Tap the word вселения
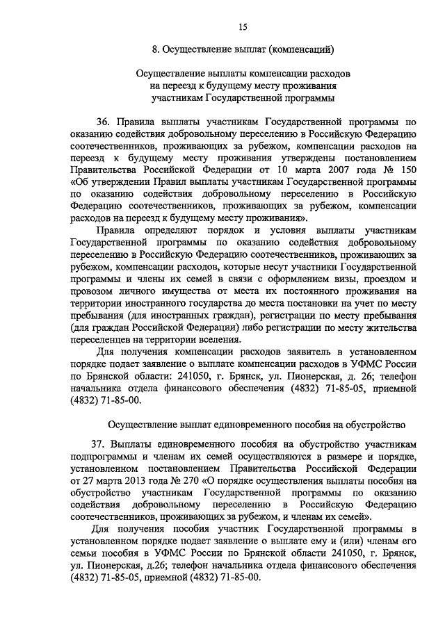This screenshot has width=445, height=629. click(222, 339)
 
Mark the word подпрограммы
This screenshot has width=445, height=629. click(105, 456)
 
